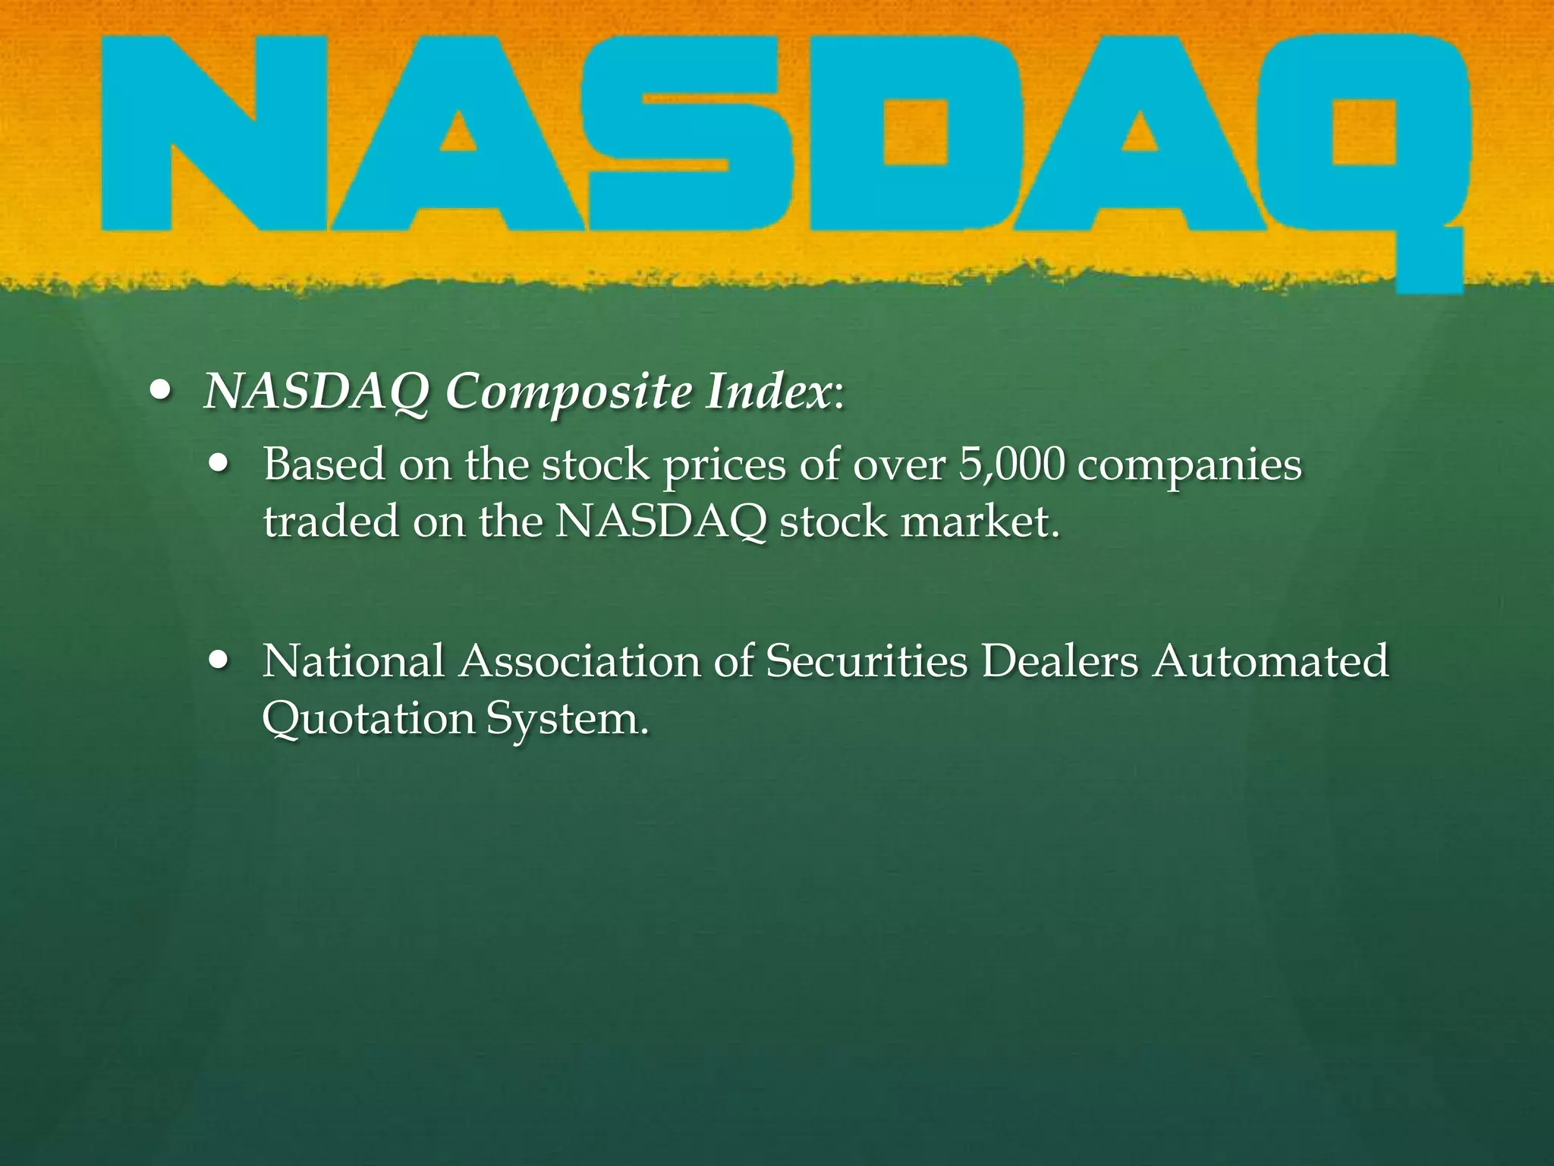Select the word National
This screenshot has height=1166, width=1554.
click(x=354, y=660)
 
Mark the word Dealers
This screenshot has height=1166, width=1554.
click(x=1059, y=660)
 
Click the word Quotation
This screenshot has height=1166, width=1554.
click(x=367, y=717)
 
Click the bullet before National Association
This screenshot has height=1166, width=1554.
click(x=221, y=660)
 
